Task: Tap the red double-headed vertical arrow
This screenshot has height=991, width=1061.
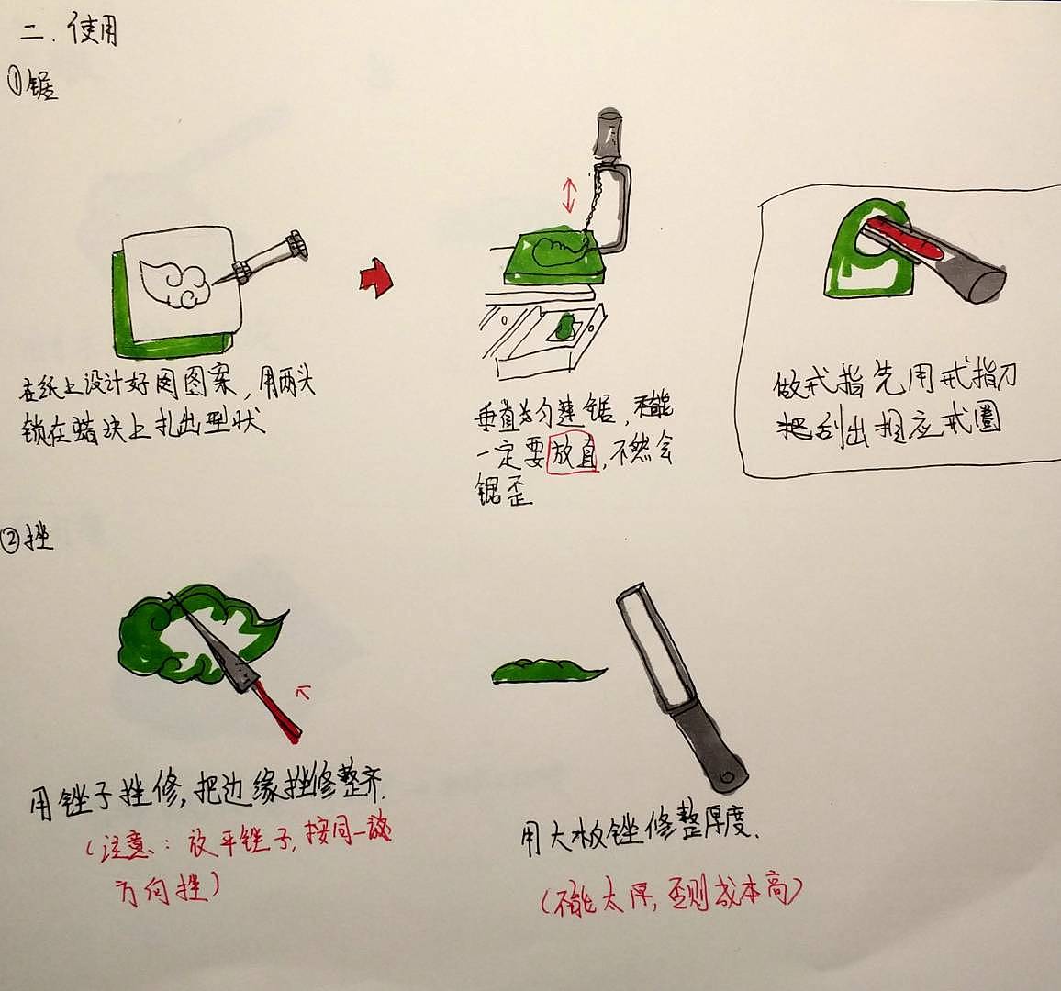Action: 570,194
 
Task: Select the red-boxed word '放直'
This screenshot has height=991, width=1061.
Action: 573,452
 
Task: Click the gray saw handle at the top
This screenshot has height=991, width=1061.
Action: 608,134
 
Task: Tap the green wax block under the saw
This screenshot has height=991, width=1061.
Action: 551,257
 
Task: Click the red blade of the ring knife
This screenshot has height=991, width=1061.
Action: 904,239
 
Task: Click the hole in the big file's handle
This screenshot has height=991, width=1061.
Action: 729,778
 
